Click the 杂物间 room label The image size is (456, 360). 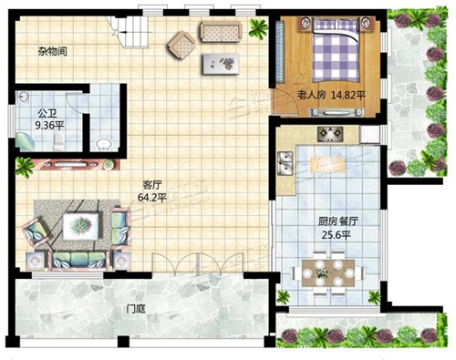52,51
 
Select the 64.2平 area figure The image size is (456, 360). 152,198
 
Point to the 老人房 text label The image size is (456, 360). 311,96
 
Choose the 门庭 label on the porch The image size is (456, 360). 136,309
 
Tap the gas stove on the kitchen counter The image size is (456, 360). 330,134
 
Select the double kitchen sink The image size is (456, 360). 285,164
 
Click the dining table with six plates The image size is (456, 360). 328,273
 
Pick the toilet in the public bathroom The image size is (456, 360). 57,142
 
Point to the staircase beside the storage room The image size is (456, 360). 129,30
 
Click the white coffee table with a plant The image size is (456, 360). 81,226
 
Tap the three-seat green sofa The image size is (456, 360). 79,260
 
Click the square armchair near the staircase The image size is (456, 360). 181,46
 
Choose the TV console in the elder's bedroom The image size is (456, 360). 337,112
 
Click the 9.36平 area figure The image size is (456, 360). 50,125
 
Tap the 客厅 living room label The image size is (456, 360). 152,184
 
